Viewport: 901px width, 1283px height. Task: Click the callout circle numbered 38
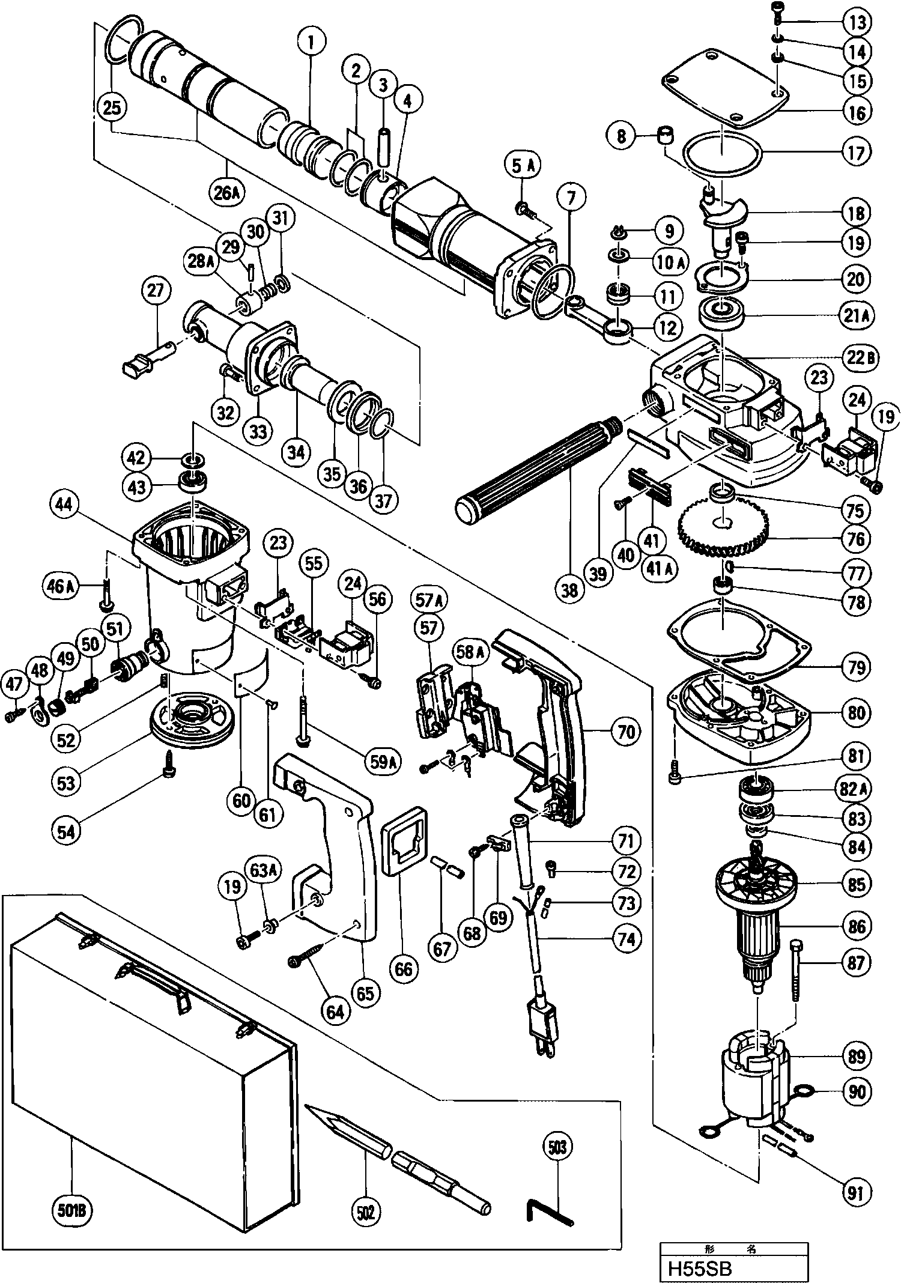569,590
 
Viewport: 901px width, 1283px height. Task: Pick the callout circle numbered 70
626,732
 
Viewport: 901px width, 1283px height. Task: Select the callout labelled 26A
227,192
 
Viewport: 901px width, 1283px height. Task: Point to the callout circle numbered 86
857,926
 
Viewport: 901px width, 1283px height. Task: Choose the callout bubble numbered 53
66,782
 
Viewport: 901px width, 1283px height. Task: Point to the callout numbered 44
64,506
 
